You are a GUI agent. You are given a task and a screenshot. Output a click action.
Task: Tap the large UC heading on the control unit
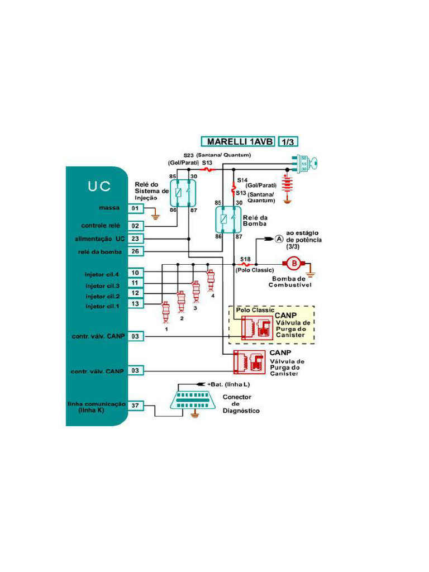(x=98, y=187)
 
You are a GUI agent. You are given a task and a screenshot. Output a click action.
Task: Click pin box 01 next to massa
(x=135, y=208)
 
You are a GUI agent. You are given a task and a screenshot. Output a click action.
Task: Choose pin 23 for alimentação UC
(x=135, y=239)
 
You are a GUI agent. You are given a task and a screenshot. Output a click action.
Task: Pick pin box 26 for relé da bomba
(x=135, y=251)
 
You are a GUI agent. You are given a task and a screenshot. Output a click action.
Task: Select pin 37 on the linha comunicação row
(x=135, y=405)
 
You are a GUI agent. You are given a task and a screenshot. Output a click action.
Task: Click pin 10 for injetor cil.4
(x=135, y=273)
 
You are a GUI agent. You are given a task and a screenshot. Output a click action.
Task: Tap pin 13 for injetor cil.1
(x=135, y=303)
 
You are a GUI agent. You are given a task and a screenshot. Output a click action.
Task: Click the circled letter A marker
(x=279, y=239)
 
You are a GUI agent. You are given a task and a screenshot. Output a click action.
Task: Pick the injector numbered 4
(x=210, y=279)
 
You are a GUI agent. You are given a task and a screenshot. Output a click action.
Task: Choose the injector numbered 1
(x=165, y=312)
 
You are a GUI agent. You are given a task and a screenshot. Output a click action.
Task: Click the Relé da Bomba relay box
(x=228, y=219)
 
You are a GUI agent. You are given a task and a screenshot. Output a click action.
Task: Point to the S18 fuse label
(x=245, y=259)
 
